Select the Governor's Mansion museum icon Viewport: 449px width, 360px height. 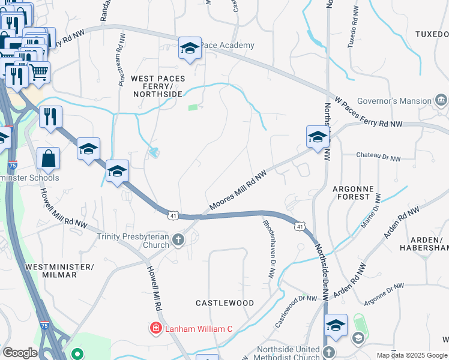[441, 100]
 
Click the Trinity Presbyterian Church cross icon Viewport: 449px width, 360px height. [178, 240]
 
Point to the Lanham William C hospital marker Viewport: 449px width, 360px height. [155, 329]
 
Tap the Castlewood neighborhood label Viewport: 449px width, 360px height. [225, 303]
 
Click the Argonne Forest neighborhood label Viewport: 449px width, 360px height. [352, 192]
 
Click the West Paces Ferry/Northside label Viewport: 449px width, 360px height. [158, 86]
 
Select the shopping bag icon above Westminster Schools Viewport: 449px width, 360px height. [48, 159]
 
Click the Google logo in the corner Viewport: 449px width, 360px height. [20, 353]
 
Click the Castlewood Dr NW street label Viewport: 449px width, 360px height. [296, 310]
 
